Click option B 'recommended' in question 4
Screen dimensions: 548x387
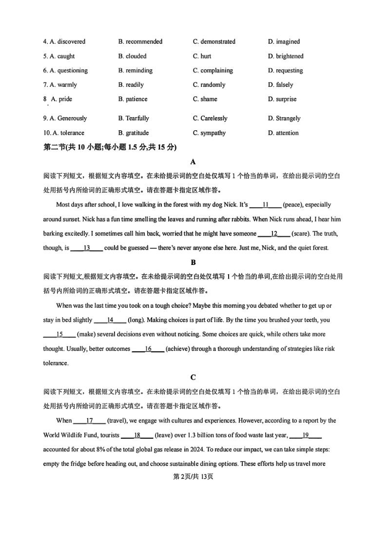point(140,42)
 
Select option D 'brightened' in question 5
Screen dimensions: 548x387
point(286,56)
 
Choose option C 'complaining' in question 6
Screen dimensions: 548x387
point(213,71)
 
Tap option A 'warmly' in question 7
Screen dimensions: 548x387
point(60,85)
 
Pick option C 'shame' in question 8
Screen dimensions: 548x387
point(205,99)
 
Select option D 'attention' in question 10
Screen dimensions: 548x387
point(283,133)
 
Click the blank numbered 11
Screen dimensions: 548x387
point(266,205)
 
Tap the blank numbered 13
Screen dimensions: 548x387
point(86,248)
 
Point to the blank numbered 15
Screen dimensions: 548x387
point(59,334)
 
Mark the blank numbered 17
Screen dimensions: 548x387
point(89,421)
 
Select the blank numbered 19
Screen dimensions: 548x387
point(306,435)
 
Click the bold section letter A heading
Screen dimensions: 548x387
point(193,162)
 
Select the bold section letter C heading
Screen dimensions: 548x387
point(193,377)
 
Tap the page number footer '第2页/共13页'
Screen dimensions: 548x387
point(193,477)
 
